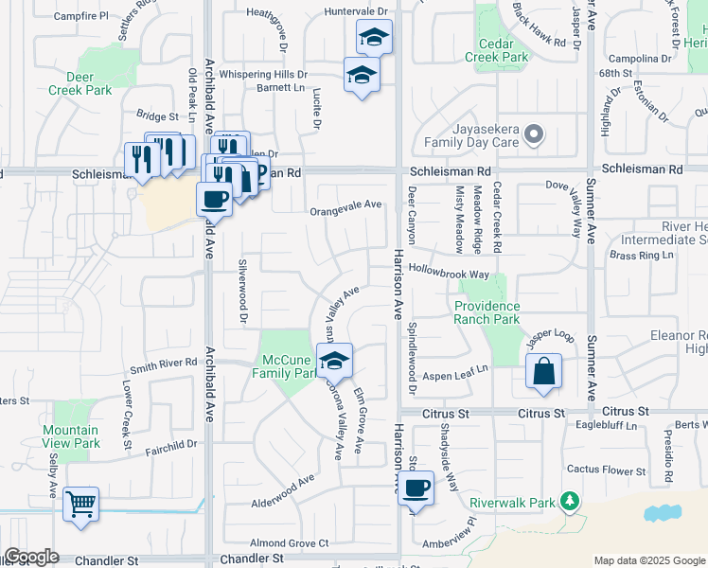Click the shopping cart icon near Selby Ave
pos(81,504)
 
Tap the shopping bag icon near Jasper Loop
pos(544,374)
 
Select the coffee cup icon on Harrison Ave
pos(416,488)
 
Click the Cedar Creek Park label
pos(497,50)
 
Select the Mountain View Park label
pos(71,436)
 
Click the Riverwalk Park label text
pos(511,503)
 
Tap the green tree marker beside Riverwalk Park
pos(569,501)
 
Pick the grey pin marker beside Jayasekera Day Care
pos(534,135)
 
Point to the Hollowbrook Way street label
pos(449,274)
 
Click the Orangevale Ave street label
pos(345,204)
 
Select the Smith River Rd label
pos(163,364)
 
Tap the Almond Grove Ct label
pos(289,543)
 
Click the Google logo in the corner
pos(31,557)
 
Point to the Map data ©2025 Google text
pos(648,560)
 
